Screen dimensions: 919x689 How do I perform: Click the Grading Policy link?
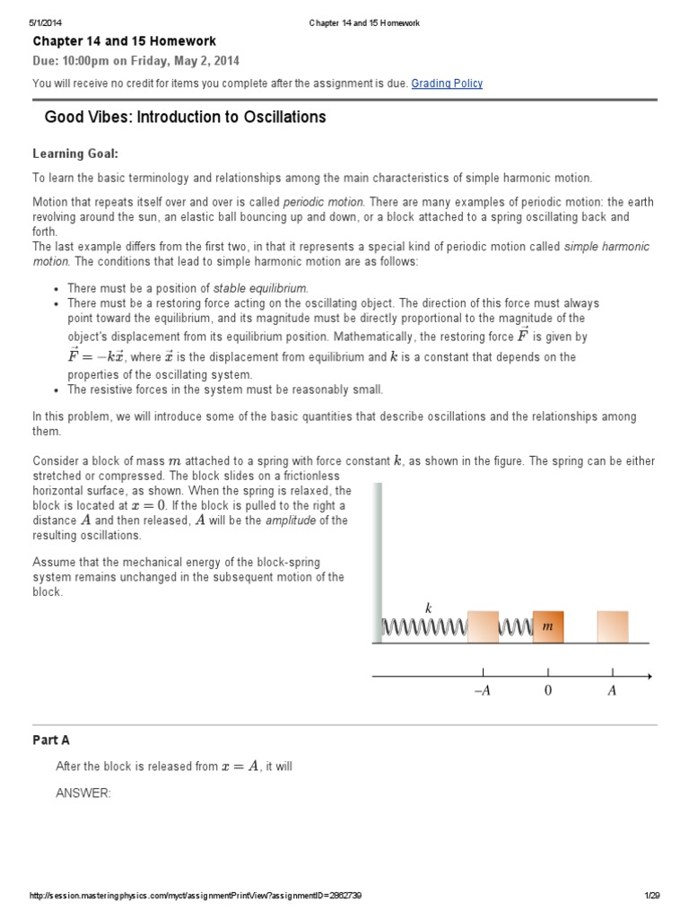tap(447, 83)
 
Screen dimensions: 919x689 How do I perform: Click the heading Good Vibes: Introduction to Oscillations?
tap(185, 118)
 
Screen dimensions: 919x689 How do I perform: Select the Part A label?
tap(51, 740)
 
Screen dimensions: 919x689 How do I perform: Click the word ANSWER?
tap(83, 793)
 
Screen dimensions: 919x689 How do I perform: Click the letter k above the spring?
tap(429, 608)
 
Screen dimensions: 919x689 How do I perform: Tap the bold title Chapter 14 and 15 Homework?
tap(125, 41)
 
